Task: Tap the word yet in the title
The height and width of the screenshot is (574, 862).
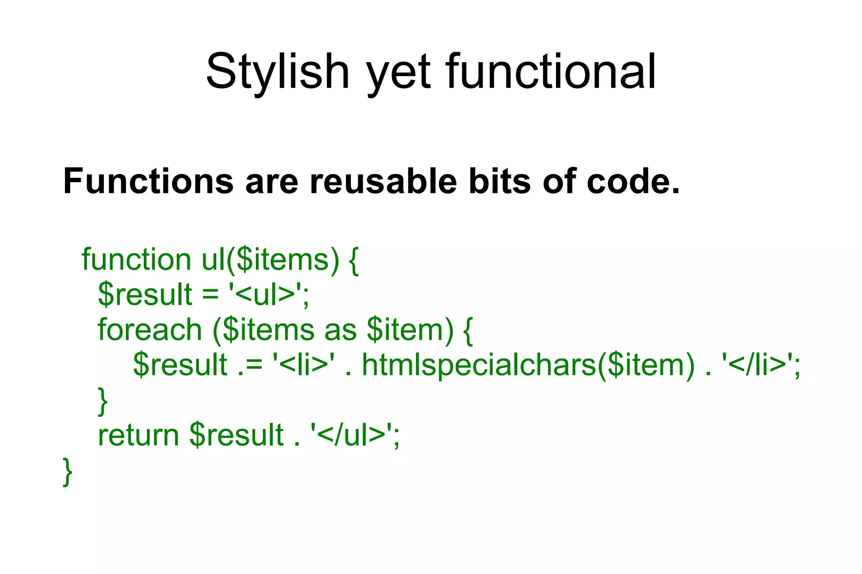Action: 399,72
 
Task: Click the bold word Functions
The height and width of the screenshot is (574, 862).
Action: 148,182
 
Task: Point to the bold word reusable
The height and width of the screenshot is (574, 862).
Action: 383,182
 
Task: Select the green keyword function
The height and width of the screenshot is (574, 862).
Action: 136,259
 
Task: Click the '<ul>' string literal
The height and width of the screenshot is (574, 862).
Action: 268,294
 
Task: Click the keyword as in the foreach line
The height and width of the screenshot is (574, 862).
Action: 341,330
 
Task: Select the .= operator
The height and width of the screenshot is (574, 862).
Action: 250,365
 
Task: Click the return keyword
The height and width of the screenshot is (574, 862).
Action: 138,435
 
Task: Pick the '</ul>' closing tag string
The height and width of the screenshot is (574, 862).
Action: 354,435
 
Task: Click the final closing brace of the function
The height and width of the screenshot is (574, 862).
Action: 67,472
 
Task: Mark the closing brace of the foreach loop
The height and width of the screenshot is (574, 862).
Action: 103,402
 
